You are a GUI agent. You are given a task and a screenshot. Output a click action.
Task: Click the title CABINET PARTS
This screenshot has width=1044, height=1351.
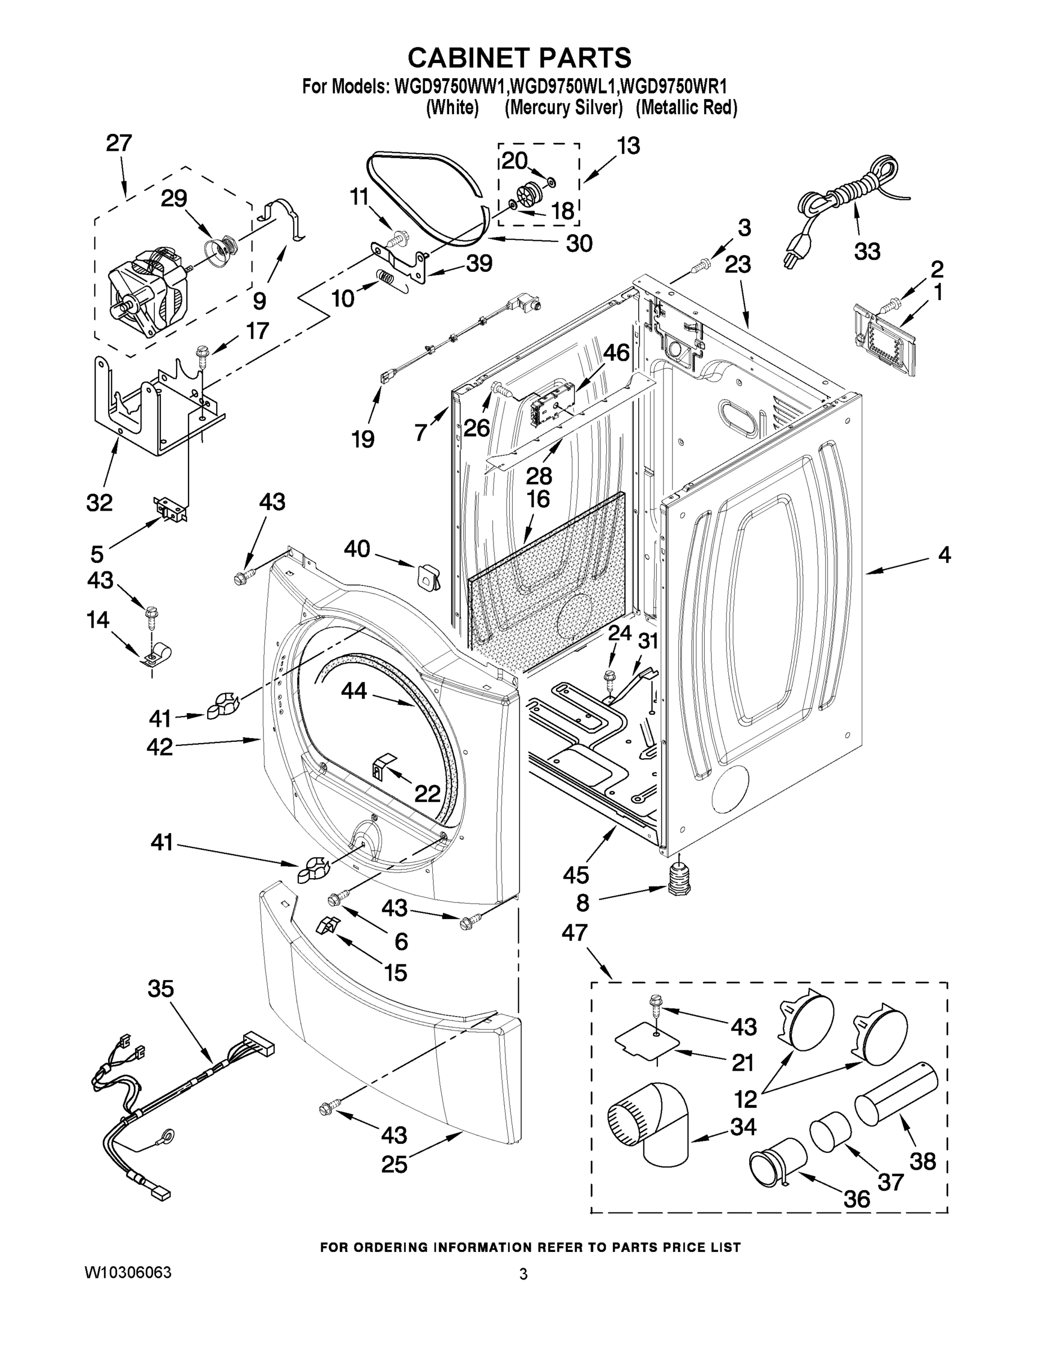519,57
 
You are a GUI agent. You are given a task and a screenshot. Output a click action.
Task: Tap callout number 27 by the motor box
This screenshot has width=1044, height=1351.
119,144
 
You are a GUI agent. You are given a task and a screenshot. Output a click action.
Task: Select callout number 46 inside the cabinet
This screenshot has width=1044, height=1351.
616,353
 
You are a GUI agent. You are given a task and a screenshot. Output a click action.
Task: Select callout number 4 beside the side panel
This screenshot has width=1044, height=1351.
944,555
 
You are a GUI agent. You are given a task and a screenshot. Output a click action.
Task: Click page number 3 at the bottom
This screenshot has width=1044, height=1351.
523,1274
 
